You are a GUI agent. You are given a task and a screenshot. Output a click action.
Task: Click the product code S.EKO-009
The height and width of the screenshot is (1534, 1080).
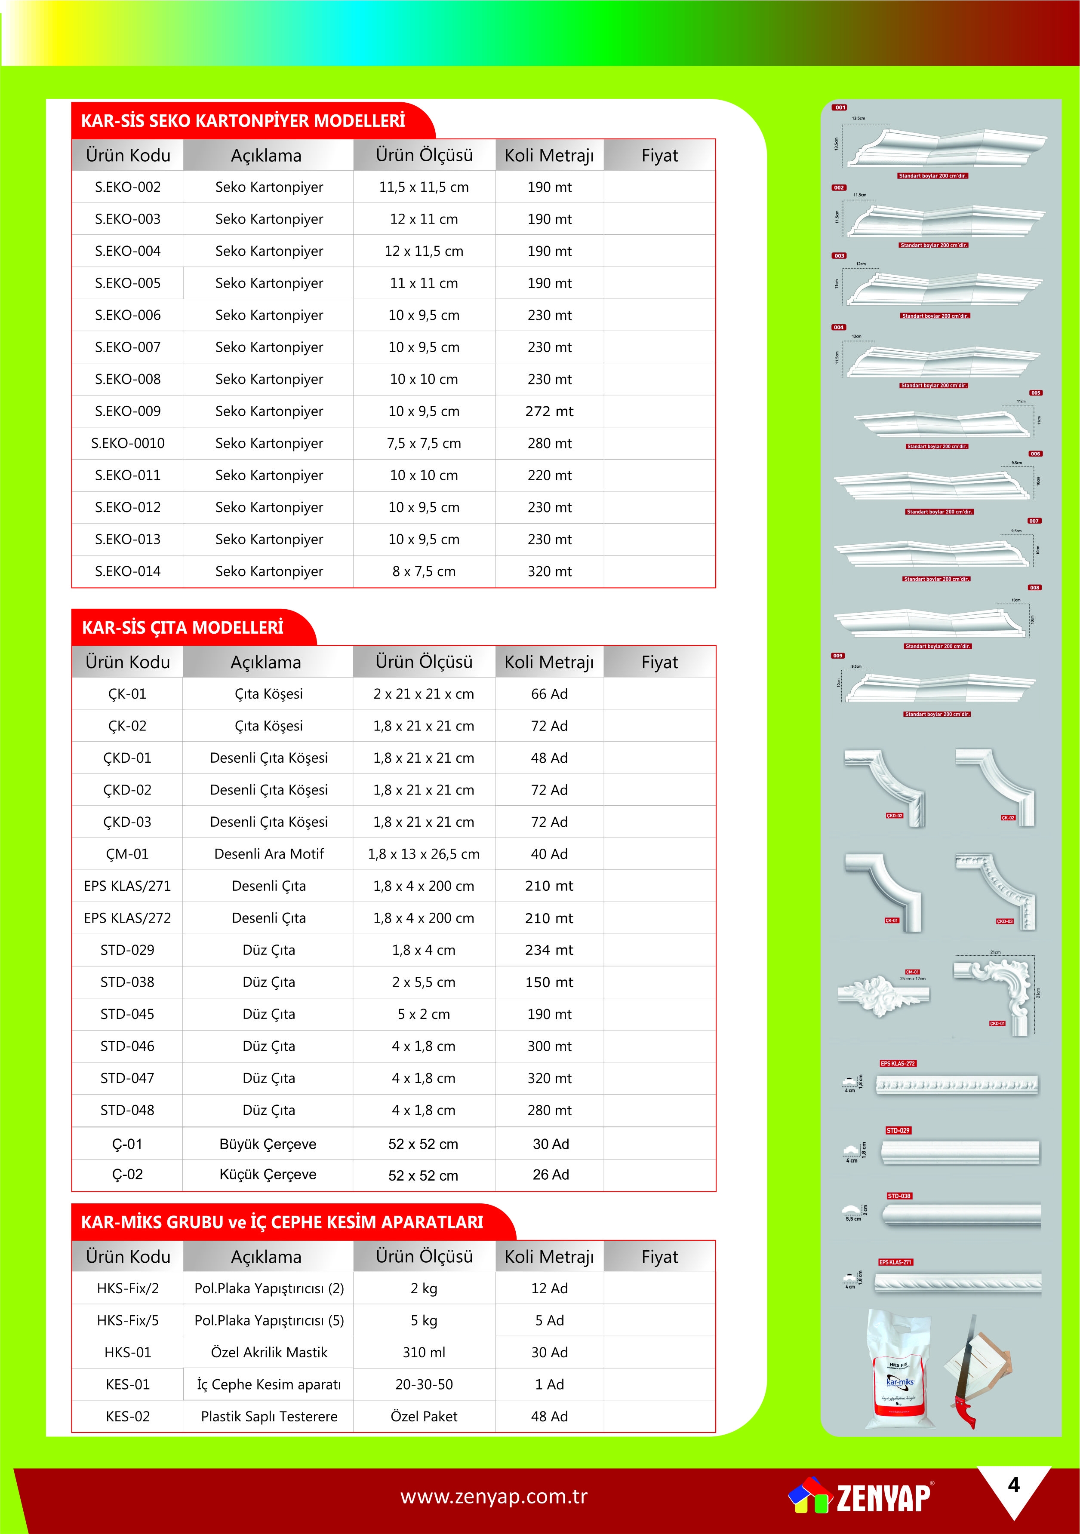(128, 411)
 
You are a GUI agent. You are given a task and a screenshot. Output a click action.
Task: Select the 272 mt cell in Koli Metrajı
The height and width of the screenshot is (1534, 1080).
(549, 411)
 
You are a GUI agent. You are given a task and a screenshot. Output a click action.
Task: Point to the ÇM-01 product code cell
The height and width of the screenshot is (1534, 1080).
(127, 854)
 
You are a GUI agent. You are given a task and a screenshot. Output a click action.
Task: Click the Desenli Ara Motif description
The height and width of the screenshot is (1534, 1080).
(269, 854)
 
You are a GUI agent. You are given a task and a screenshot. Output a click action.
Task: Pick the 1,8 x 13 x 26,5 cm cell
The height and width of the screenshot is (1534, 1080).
(424, 854)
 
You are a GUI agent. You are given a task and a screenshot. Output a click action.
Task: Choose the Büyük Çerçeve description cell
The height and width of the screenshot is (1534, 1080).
(268, 1144)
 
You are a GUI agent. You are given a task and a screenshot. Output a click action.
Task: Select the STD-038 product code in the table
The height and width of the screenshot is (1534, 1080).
(127, 982)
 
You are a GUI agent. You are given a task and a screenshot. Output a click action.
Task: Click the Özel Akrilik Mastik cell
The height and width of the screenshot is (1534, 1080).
(269, 1352)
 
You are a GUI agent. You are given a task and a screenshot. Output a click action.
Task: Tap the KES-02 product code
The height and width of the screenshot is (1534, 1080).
(128, 1416)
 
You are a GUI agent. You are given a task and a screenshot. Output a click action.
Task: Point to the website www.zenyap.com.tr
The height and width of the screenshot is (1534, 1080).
(494, 1497)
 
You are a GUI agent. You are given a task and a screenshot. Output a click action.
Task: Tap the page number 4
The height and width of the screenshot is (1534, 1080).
(1013, 1485)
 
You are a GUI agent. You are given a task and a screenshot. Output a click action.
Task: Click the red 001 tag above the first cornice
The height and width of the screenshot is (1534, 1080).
(840, 107)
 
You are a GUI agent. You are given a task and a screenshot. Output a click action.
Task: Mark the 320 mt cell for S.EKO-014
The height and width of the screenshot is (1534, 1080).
(549, 572)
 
